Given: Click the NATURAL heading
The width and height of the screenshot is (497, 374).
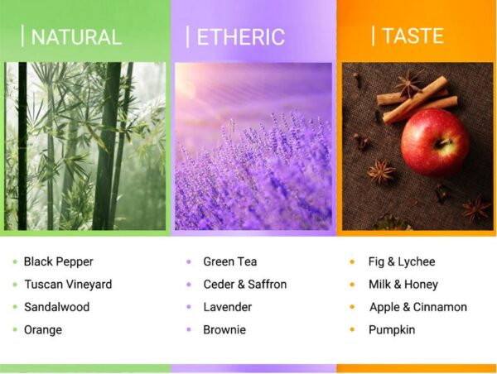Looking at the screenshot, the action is click(76, 37).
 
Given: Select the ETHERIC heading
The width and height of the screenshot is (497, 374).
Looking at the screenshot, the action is click(241, 37).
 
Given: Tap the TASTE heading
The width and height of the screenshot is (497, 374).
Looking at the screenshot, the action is click(413, 36).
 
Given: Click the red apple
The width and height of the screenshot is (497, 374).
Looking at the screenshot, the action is click(435, 142).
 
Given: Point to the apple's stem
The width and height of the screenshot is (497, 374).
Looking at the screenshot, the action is click(444, 142).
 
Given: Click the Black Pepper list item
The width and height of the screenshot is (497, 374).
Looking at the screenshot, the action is click(59, 262).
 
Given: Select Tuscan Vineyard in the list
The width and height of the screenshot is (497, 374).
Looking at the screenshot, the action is click(68, 285).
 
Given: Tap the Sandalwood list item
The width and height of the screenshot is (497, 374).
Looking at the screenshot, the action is click(56, 307).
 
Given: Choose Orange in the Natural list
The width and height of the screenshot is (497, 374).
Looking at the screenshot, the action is click(43, 330).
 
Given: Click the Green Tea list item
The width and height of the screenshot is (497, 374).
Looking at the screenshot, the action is click(230, 261).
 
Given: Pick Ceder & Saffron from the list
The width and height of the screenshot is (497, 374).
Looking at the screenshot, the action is click(245, 285).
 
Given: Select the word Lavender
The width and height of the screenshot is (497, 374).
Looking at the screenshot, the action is click(228, 307).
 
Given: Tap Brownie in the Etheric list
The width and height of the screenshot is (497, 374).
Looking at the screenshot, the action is click(224, 329).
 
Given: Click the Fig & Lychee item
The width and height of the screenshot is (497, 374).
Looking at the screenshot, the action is click(402, 262).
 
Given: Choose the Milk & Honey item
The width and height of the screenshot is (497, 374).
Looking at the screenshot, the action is click(403, 285).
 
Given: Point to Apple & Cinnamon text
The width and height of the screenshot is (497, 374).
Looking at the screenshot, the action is click(418, 307).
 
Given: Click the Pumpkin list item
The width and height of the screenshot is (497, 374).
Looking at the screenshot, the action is click(392, 330).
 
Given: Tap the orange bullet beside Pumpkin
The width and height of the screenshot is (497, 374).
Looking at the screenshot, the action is click(352, 329).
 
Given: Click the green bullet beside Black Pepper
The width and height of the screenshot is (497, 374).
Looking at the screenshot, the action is click(15, 262).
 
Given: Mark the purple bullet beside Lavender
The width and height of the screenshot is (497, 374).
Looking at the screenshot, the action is click(189, 307).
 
